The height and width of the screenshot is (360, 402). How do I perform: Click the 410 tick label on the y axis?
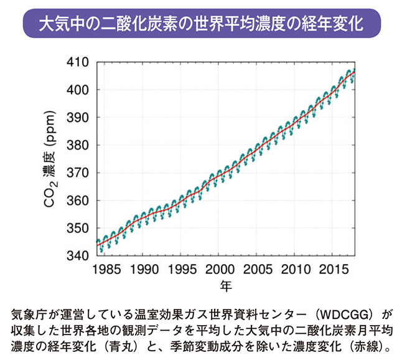tap(78, 62)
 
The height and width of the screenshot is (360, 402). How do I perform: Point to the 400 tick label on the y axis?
tap(78, 90)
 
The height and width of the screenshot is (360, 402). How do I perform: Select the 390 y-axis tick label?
tap(78, 118)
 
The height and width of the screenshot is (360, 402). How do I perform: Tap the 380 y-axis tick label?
tap(78, 145)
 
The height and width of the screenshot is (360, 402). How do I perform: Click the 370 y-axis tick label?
tap(78, 173)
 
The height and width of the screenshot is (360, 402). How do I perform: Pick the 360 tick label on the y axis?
tap(78, 201)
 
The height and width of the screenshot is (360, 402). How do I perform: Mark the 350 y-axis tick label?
tap(78, 229)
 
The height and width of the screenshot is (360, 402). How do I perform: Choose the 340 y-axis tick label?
tap(78, 256)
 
